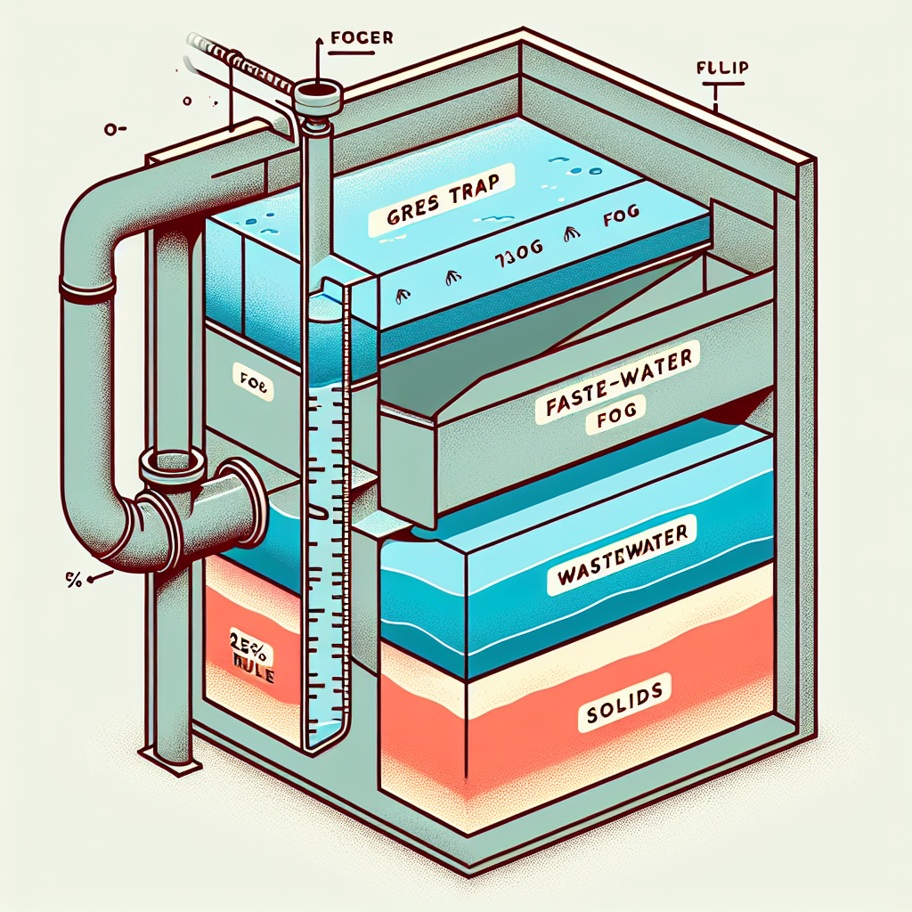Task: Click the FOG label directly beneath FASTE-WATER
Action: pyautogui.click(x=607, y=422)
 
